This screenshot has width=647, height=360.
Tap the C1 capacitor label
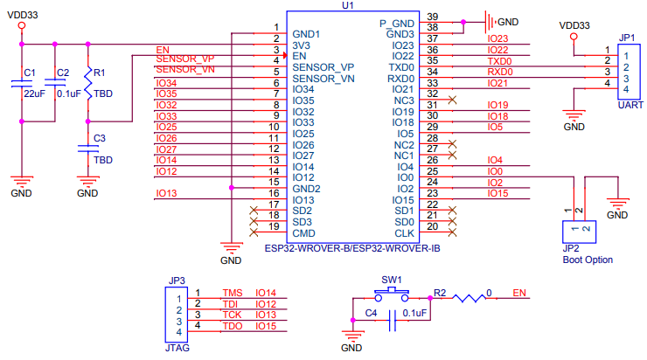(29, 72)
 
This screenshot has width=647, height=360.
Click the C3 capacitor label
(100, 138)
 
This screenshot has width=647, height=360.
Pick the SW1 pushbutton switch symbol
(390, 294)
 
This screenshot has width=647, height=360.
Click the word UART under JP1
(630, 105)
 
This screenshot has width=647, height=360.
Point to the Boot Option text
(588, 260)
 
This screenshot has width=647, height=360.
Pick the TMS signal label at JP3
(232, 293)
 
